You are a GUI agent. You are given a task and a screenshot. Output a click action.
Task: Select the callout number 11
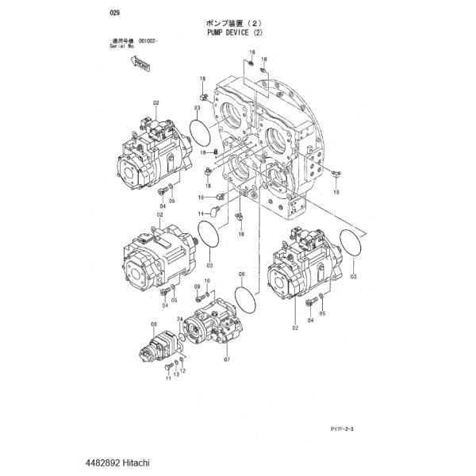[168, 379]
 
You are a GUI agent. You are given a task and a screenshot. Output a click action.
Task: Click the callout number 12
[183, 370]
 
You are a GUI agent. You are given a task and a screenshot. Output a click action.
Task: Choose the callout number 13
[176, 374]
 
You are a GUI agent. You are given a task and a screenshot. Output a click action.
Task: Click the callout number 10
[207, 282]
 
